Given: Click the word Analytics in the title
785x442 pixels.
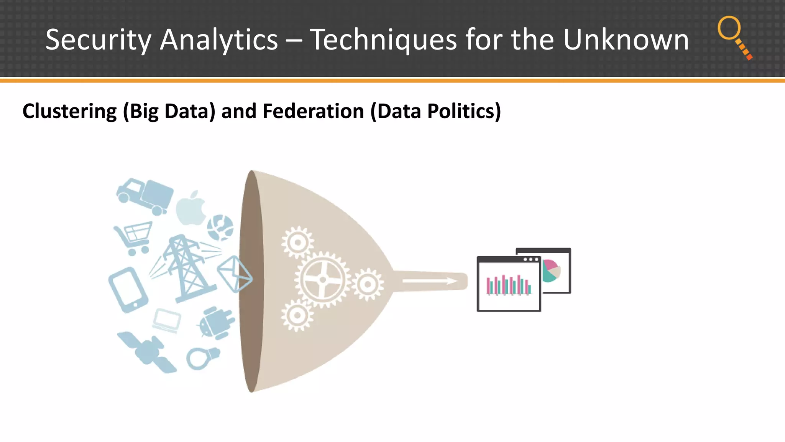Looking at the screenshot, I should tap(218, 40).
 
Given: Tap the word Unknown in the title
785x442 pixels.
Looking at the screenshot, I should tap(626, 40).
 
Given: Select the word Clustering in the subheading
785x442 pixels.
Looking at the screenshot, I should tap(69, 111).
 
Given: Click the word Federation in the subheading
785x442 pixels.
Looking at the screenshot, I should tap(313, 111).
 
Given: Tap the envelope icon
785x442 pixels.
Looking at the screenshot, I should tap(235, 274).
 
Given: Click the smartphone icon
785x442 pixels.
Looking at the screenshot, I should tap(128, 290).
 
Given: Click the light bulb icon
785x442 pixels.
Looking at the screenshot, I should tap(202, 357).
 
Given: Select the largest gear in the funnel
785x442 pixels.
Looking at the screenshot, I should tap(323, 279).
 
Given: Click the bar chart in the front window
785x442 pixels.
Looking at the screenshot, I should tap(509, 285).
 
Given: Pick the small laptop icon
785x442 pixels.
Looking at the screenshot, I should tap(167, 320).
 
